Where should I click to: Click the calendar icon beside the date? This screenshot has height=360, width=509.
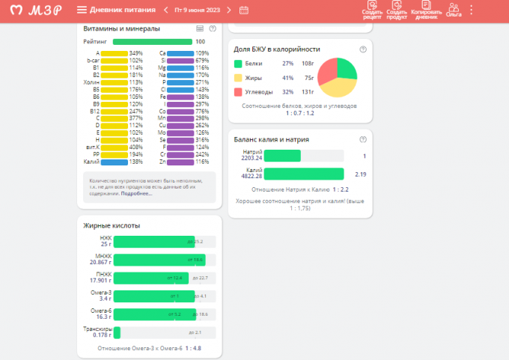tap(244, 10)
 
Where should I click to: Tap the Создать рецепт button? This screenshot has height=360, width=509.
tap(372, 10)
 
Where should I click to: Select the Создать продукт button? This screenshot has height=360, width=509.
tap(397, 10)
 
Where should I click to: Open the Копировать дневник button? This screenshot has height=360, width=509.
tap(424, 10)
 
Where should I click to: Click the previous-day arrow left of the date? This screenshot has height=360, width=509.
tap(165, 10)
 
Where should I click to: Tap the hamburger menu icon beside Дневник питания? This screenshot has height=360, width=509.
tap(82, 10)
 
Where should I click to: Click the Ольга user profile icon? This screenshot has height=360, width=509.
tap(453, 10)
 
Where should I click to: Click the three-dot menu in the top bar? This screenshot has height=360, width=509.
tap(472, 10)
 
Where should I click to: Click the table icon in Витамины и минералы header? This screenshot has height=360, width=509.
tap(200, 28)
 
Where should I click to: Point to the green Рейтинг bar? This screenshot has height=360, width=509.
tap(152, 42)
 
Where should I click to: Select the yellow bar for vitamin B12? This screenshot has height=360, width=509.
tap(115, 111)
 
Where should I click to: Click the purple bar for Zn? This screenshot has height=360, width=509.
tap(180, 162)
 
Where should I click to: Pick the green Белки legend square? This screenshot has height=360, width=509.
tap(238, 64)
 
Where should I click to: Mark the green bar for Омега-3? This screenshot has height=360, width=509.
tap(150, 296)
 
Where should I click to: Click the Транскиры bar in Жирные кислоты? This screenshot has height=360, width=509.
tap(117, 332)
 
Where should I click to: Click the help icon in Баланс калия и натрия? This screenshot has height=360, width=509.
tap(363, 139)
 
